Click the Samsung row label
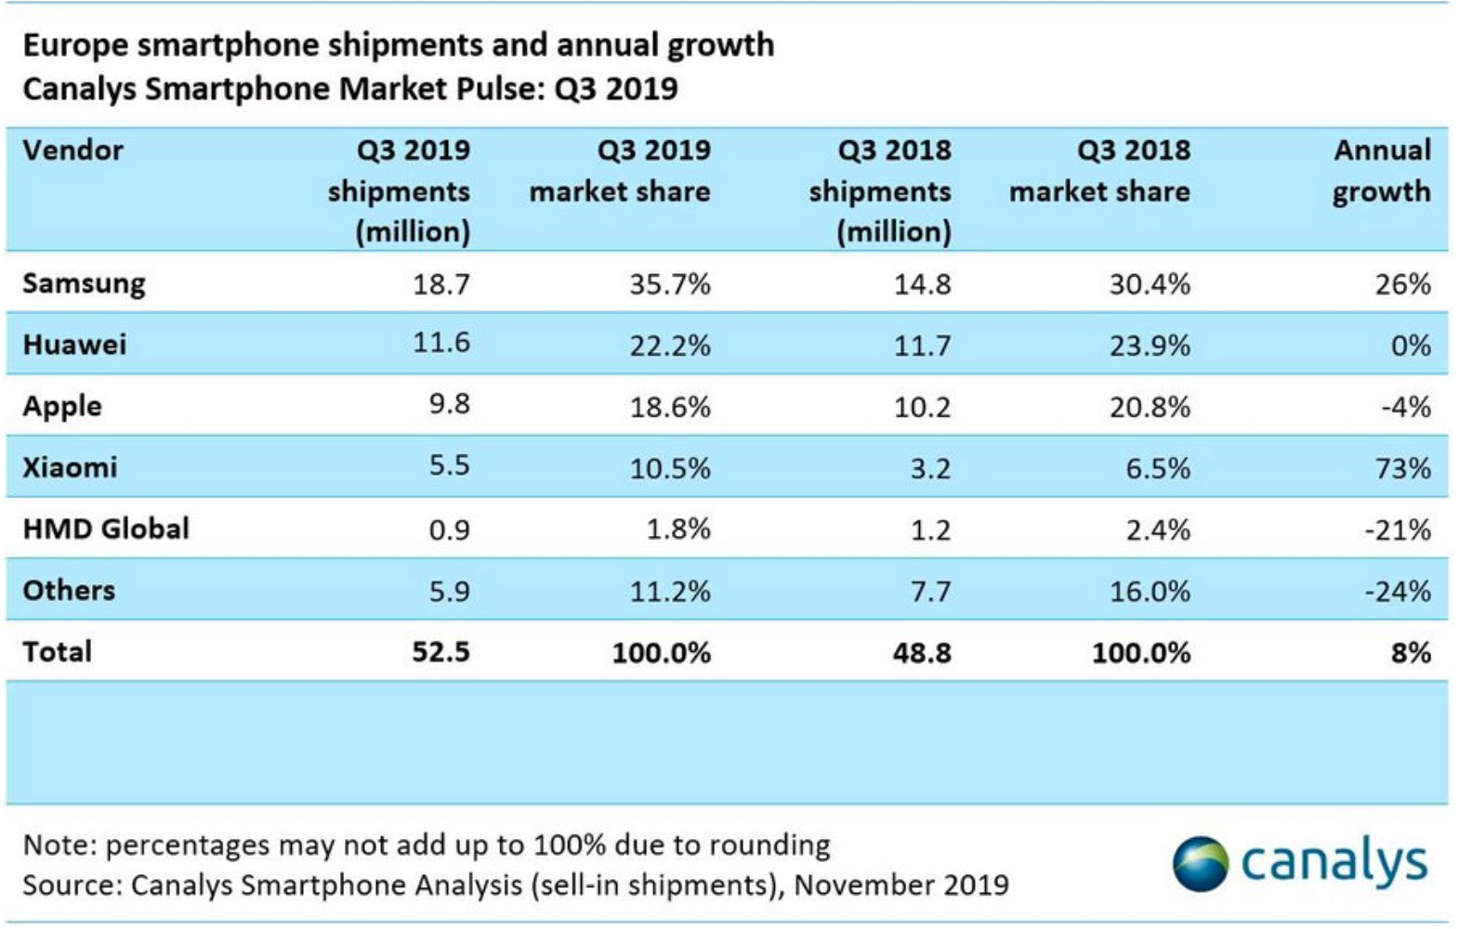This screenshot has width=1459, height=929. pyautogui.click(x=84, y=283)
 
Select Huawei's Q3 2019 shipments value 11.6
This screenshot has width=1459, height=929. pyautogui.click(x=441, y=343)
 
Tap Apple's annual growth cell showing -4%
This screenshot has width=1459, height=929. pyautogui.click(x=1405, y=406)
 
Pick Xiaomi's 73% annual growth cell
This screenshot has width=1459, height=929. pyautogui.click(x=1403, y=467)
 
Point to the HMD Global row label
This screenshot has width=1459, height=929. pyautogui.click(x=106, y=529)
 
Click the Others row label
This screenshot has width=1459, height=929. pyautogui.click(x=69, y=590)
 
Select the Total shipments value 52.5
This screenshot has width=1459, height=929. pyautogui.click(x=441, y=651)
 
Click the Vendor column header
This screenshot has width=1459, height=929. pyautogui.click(x=72, y=150)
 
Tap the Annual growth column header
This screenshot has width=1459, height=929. pyautogui.click(x=1382, y=171)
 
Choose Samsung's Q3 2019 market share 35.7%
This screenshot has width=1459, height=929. pyautogui.click(x=670, y=283)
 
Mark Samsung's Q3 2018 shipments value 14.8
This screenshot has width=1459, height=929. pyautogui.click(x=922, y=283)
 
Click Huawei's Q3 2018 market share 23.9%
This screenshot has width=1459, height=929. pyautogui.click(x=1150, y=346)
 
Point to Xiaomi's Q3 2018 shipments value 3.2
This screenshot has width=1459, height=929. pyautogui.click(x=929, y=467)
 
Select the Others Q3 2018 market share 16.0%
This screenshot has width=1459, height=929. pyautogui.click(x=1150, y=591)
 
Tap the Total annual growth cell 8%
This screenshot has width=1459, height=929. pyautogui.click(x=1411, y=652)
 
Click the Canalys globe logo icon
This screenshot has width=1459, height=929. pyautogui.click(x=1200, y=863)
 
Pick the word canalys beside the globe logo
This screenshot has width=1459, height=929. pyautogui.click(x=1334, y=863)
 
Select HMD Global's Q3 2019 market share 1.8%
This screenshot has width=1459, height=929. pyautogui.click(x=678, y=529)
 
